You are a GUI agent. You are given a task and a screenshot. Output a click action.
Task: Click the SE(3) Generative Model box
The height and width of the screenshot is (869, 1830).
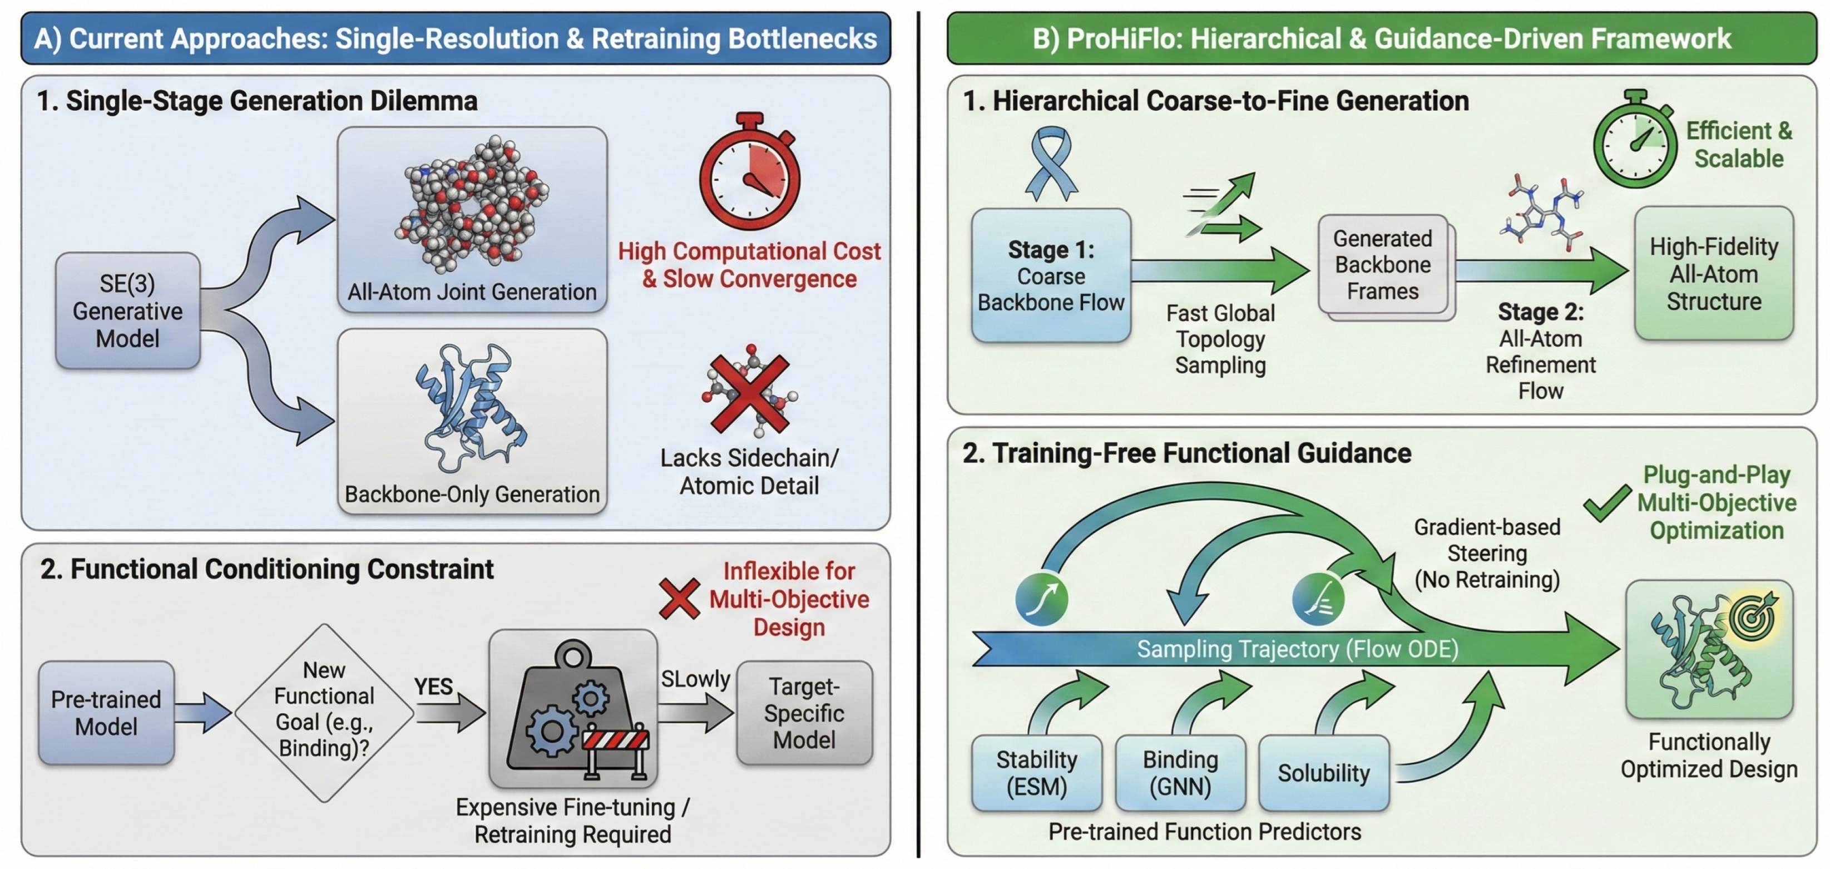point(128,310)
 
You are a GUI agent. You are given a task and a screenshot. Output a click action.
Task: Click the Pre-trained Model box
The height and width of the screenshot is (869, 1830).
point(107,713)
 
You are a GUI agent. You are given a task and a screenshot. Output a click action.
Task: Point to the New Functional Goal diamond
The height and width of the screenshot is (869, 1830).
point(324,713)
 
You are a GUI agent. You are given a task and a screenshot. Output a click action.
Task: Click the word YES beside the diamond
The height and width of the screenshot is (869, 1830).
point(433,687)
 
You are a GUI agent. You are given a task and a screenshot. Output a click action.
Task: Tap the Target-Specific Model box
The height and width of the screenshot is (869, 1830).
point(804,713)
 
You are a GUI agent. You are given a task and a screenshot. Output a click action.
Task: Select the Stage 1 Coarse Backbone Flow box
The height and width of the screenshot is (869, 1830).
point(1051,276)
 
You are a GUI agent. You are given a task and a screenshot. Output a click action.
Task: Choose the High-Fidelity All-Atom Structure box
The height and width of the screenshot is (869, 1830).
point(1714,274)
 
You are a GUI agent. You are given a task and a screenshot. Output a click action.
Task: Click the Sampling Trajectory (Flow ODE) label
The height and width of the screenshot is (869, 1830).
point(1297,649)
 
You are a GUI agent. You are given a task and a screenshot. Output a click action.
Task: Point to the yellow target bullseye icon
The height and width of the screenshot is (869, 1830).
point(1753,615)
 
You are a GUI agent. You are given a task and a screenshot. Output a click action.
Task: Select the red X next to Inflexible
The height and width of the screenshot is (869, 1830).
point(679,598)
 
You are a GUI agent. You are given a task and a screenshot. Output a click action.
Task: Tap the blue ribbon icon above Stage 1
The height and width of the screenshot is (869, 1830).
point(1051,164)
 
